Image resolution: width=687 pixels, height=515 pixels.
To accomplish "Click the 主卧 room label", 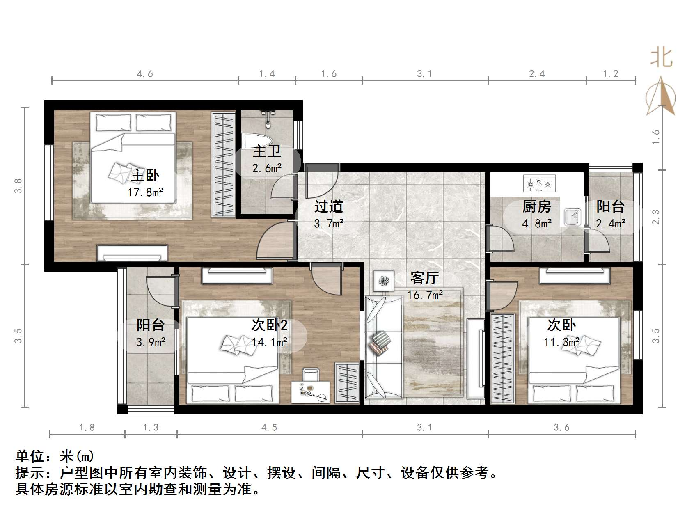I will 145,176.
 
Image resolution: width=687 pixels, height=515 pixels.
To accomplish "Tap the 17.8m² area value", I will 145,192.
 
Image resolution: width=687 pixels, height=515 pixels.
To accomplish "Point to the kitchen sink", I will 572,217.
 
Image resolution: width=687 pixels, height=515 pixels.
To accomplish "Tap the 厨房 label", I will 537,207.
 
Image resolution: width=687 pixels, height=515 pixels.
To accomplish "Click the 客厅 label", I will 424,278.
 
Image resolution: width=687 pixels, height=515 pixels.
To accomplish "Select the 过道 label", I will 328,206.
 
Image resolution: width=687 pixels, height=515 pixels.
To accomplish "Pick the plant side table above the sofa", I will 384,281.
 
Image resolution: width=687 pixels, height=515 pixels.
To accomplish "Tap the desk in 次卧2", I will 311,392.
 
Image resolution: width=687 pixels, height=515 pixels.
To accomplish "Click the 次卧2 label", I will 270,325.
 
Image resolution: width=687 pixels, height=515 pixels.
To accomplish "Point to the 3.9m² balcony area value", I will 151,342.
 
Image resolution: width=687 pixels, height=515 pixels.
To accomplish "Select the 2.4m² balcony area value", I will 611,223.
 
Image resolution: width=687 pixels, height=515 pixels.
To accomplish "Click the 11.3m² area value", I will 561,342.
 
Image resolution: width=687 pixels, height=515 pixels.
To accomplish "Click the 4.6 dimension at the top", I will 145,74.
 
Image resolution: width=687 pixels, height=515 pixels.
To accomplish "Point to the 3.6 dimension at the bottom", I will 561,428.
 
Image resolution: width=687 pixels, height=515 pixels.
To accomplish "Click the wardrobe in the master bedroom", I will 223,164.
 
